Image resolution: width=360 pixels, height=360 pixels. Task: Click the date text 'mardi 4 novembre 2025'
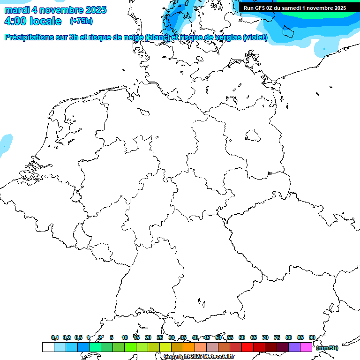click(55, 10)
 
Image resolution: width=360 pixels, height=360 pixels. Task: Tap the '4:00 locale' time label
click(32, 21)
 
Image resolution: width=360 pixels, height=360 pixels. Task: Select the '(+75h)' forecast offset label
click(81, 21)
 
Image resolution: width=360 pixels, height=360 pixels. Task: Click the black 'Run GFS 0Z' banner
click(294, 7)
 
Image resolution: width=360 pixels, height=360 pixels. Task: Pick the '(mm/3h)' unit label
click(327, 348)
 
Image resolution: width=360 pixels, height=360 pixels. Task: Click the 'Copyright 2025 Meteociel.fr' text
click(199, 356)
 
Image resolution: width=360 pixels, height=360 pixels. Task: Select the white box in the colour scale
click(48, 347)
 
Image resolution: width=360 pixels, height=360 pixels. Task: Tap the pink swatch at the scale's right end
click(306, 347)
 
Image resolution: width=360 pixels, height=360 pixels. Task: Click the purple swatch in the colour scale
click(294, 347)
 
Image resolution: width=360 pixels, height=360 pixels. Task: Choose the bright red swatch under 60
click(247, 347)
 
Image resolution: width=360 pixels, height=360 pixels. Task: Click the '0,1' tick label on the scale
click(55, 337)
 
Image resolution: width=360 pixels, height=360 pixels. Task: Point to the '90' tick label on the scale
click(312, 337)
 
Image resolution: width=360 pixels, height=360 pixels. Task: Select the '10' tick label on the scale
click(124, 337)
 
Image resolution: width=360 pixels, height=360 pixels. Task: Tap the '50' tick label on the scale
click(218, 337)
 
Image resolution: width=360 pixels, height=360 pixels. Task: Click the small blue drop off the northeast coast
click(324, 48)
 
